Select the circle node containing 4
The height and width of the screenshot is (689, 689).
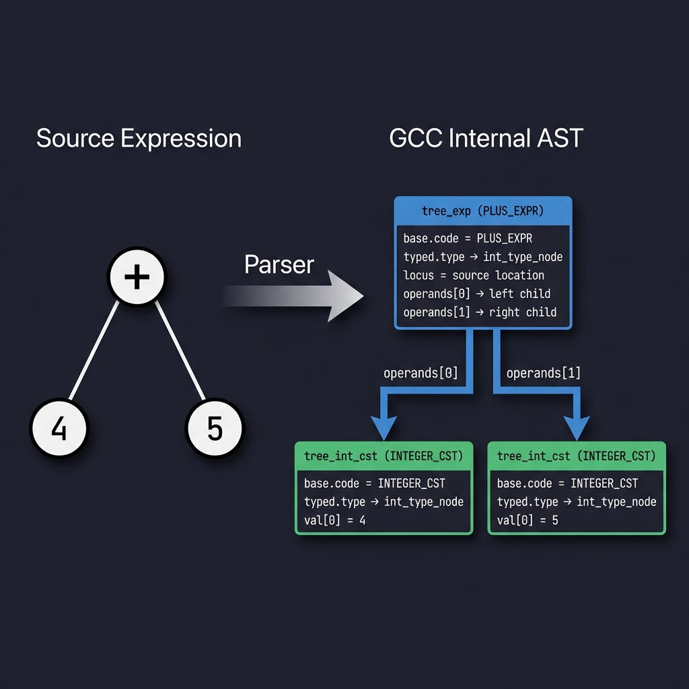59,429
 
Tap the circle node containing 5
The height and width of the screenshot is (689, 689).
215,429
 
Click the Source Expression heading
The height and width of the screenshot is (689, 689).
139,139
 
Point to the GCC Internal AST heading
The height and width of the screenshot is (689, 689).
486,139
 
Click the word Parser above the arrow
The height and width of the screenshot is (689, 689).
279,264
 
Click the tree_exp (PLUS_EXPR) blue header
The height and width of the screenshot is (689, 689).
482,211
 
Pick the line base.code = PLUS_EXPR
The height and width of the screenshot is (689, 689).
468,239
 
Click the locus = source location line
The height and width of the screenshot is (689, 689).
474,275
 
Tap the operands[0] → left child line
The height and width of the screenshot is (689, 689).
476,293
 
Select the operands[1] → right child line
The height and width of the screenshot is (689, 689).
480,312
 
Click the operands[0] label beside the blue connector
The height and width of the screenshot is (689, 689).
421,373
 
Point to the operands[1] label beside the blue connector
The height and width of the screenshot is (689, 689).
543,373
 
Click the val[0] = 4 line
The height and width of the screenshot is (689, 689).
334,519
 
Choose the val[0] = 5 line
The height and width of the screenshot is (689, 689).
528,519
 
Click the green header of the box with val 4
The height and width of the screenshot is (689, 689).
384,456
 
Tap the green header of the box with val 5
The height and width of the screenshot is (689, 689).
576,456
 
